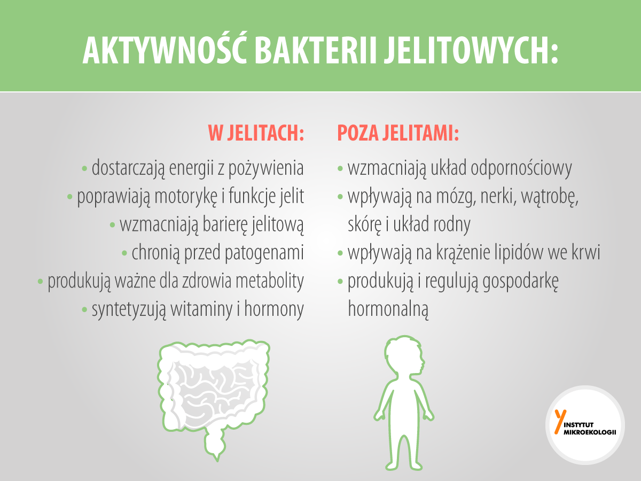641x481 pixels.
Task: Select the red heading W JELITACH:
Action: coord(256,133)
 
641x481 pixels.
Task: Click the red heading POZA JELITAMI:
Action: coord(398,133)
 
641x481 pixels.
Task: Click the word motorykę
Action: coord(186,197)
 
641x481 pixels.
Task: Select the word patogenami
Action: coord(264,253)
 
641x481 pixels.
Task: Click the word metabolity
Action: coord(270,281)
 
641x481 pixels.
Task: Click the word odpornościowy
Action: coord(521,168)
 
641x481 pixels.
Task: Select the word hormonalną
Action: coord(388,309)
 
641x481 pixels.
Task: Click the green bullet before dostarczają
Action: coord(85,168)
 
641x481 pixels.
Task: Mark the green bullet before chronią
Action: coord(124,253)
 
